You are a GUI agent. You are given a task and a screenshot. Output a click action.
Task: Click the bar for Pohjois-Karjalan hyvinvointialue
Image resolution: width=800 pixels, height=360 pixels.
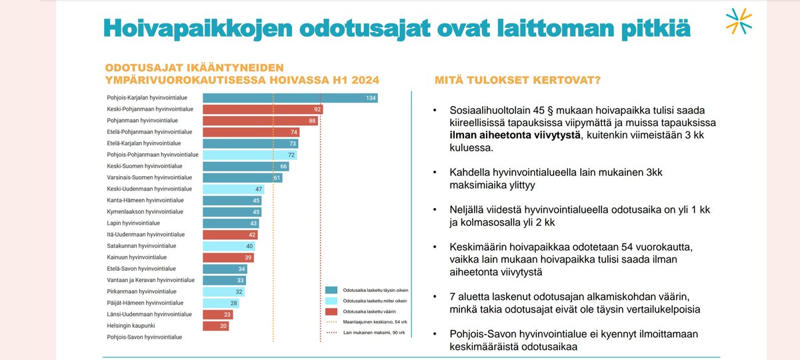click(290, 98)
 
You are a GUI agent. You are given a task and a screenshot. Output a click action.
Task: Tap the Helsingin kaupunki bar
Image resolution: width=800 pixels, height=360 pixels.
click(215, 325)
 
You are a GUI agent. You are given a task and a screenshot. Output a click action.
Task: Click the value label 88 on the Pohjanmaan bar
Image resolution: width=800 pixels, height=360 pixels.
click(311, 121)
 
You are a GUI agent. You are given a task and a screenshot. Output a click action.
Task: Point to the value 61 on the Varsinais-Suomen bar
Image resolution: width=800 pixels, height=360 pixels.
click(277, 177)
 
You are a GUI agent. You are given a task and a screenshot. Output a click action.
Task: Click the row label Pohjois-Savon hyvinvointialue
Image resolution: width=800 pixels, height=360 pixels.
click(144, 337)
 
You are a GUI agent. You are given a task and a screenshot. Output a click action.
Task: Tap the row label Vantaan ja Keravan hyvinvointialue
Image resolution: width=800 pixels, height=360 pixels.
click(151, 280)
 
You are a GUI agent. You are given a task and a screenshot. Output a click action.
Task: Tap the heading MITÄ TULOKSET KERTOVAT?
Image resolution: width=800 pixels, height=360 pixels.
click(517, 80)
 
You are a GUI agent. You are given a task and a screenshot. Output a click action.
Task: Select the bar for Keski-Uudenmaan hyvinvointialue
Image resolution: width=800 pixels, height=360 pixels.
click(233, 189)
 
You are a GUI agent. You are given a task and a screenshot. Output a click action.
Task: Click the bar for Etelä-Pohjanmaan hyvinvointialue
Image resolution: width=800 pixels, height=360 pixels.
click(251, 132)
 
